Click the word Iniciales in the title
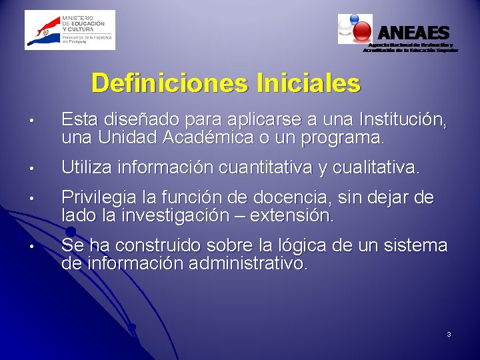(307, 84)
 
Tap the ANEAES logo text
(414, 32)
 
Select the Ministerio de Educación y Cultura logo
(70, 30)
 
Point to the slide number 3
(449, 333)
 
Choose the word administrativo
(248, 264)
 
